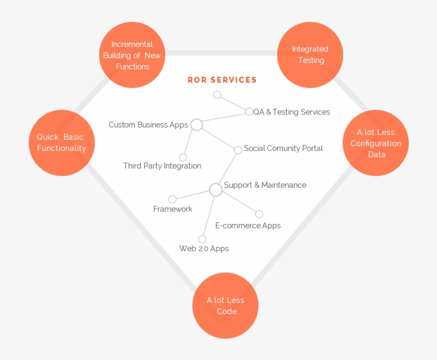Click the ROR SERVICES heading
[x=222, y=80]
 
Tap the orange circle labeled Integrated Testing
[x=310, y=54]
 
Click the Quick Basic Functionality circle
[x=62, y=142]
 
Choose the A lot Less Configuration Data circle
[x=375, y=143]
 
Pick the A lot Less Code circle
[x=226, y=306]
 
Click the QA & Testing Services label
[x=292, y=112]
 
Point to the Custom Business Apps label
[x=148, y=125]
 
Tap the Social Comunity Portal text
[x=283, y=148]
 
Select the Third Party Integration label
[x=162, y=166]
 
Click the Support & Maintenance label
[x=265, y=185]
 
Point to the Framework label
[x=173, y=209]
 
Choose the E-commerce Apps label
[x=248, y=226]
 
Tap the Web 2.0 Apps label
[x=204, y=249]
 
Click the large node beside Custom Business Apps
[x=197, y=125]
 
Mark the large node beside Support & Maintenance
[x=215, y=189]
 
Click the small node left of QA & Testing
[x=249, y=111]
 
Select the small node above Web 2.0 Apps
[x=202, y=239]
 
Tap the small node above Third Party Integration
[x=183, y=157]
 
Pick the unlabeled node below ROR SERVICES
[x=217, y=94]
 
